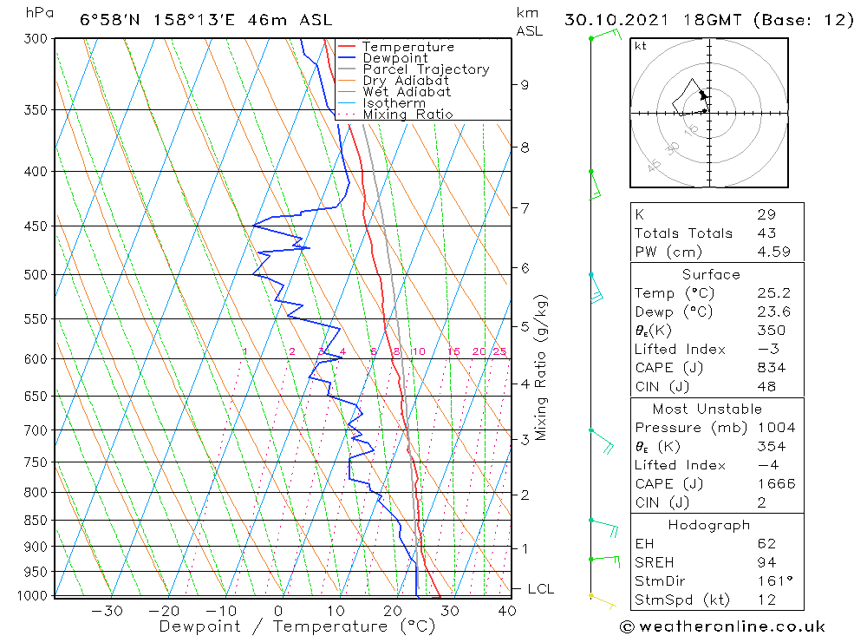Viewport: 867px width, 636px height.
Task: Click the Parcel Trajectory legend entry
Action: (426, 69)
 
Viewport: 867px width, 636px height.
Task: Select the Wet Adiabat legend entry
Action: (407, 92)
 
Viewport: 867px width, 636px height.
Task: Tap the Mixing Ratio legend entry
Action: (407, 115)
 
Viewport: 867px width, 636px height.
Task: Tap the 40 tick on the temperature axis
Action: (507, 611)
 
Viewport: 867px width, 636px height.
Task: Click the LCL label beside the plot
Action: (540, 589)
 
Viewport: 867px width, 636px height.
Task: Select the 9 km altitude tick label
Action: (525, 85)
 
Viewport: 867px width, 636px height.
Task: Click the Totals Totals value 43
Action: (766, 233)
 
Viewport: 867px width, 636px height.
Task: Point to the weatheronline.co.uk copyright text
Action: (722, 626)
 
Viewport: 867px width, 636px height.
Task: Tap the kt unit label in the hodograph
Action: (641, 46)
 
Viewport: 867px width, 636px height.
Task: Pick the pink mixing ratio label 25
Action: (499, 351)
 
